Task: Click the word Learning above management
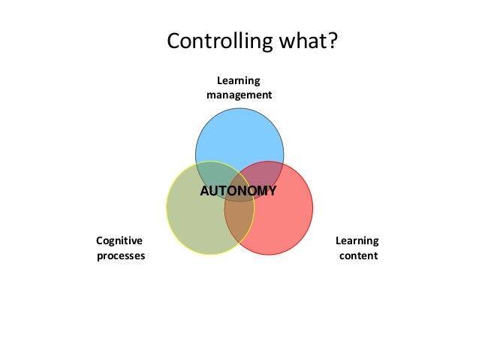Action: [239, 80]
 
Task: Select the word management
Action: [239, 95]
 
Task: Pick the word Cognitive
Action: [119, 241]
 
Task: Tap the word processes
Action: [121, 256]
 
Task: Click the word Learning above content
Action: [357, 241]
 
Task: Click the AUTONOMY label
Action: [238, 191]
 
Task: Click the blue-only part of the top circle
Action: [239, 135]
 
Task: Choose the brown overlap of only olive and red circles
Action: [239, 225]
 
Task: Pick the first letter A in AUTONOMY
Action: [204, 191]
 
